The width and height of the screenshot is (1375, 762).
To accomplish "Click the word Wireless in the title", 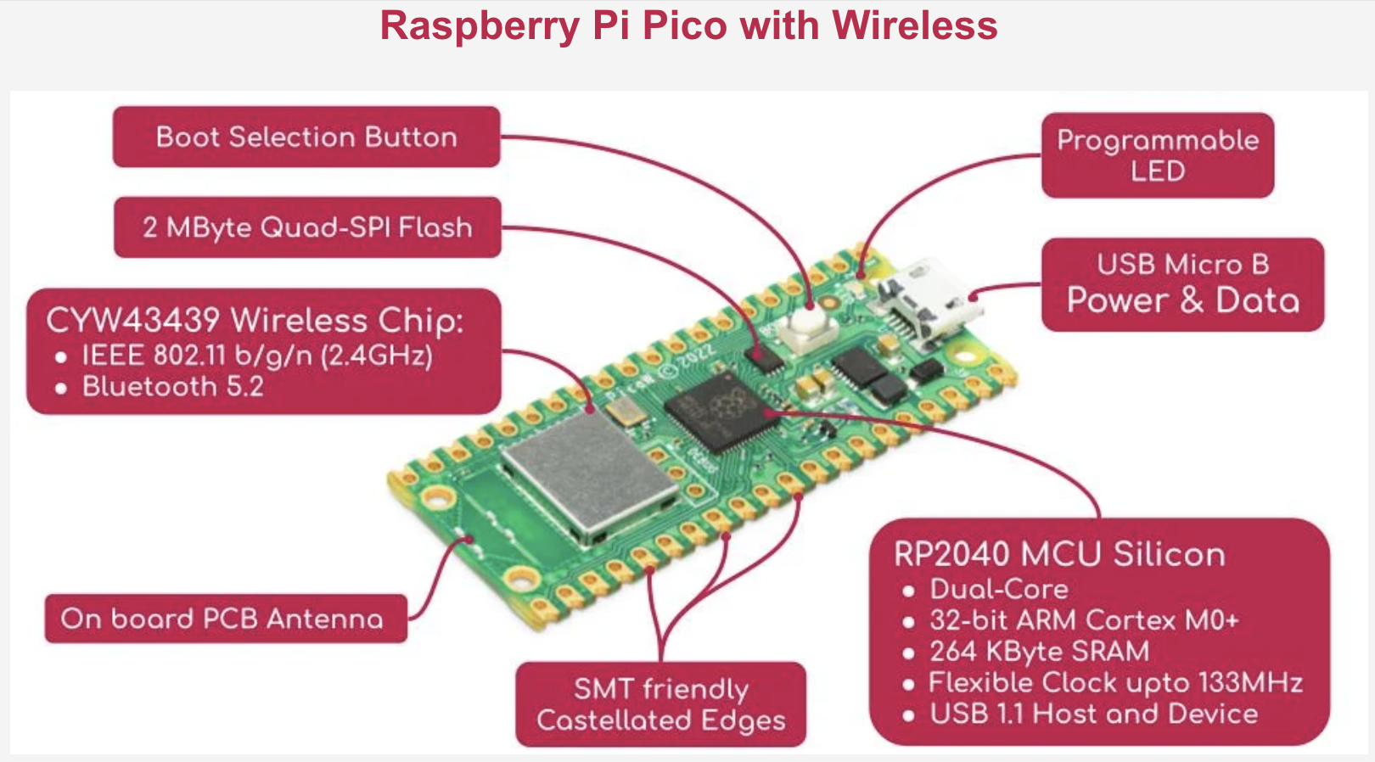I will point(914,25).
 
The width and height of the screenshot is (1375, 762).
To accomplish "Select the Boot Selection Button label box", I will point(306,137).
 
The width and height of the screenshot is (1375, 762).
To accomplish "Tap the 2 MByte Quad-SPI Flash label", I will point(307,227).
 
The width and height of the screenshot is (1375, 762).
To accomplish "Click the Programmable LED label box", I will point(1158,155).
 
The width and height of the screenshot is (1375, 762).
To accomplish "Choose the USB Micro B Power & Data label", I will point(1182,284).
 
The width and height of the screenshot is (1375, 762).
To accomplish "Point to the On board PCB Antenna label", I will point(222,619).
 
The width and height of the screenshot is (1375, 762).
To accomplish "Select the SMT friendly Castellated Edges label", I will point(661,704).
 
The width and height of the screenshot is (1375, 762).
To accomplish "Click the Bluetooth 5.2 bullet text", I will point(172,387).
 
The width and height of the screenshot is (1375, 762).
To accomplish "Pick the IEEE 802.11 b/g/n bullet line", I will point(256,355).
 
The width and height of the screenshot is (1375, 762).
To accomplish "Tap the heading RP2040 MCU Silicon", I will point(1059,554).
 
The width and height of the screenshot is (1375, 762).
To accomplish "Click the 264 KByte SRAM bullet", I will point(1039,651).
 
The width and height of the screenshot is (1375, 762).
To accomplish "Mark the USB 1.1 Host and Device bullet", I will point(1093,714).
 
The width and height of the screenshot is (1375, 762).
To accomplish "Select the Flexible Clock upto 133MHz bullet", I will point(1114,682).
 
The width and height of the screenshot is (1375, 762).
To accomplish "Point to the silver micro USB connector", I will point(928,301).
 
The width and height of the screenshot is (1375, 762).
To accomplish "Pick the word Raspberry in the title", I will point(480,25).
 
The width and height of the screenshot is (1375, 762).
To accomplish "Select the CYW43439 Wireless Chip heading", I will point(255,320).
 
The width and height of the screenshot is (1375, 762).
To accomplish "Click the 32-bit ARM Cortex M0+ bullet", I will point(1084,619).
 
